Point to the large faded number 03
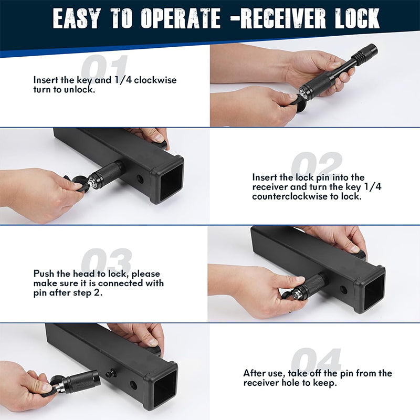click(x=107, y=261)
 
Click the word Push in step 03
click(x=43, y=274)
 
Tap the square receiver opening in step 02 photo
click(x=171, y=182)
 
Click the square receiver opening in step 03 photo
click(x=373, y=290)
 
